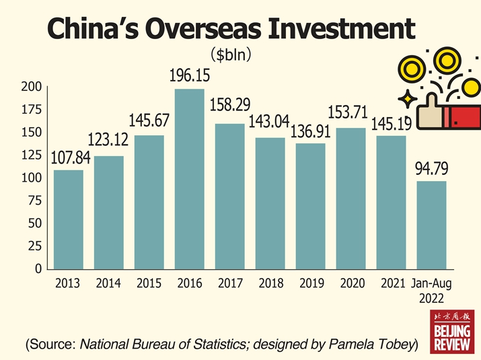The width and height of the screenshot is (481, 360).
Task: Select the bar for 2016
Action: click(189, 178)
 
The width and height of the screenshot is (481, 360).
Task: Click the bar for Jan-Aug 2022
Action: click(431, 225)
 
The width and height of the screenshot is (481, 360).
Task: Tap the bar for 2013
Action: click(68, 219)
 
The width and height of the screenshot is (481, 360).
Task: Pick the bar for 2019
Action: click(310, 206)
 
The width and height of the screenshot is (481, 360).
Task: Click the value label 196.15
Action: click(189, 77)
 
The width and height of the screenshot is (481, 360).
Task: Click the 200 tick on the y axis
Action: click(34, 87)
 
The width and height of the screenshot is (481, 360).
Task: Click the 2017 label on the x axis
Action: click(230, 284)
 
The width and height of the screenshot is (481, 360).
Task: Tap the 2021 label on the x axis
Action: click(392, 284)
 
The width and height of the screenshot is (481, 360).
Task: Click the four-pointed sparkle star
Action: click(406, 100)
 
